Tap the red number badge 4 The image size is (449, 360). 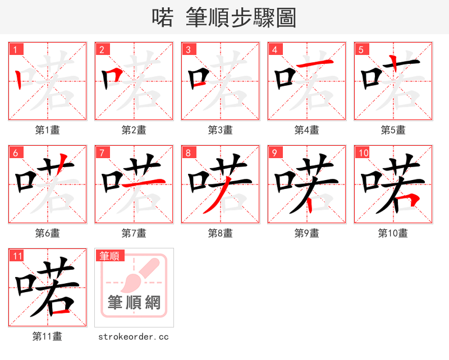[274, 49]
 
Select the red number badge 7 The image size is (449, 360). [102, 153]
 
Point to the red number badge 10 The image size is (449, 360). [363, 153]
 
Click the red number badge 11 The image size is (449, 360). [17, 256]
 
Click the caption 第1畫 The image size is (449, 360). [48, 130]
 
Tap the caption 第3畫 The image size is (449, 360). [221, 130]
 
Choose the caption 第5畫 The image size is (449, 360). [393, 130]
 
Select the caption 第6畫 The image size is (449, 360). [48, 233]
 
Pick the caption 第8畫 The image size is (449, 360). [221, 233]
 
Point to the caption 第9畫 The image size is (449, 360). [307, 233]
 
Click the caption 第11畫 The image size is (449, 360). [48, 336]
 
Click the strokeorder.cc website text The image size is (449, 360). [134, 336]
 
